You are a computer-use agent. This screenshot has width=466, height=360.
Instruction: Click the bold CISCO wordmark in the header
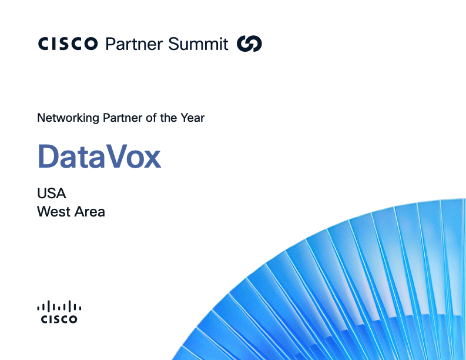pos(68,44)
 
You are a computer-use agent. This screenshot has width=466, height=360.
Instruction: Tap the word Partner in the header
pos(134,44)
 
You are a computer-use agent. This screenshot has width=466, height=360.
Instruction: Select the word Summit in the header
pos(198,44)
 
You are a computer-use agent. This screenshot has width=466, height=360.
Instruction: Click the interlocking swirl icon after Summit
pos(249,44)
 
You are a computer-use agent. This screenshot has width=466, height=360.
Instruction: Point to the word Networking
pos(68,118)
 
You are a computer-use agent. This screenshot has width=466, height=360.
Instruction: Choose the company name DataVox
pos(99,156)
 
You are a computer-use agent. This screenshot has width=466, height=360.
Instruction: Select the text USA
pos(51,194)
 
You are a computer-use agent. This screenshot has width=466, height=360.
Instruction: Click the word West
pos(53,212)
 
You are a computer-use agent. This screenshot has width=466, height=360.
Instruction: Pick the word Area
pos(89,212)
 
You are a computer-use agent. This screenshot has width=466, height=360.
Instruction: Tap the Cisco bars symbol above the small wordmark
pos(59,306)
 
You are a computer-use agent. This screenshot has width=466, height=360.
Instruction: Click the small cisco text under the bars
pos(59,319)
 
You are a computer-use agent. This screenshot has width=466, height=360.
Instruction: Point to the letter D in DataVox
pos(49,156)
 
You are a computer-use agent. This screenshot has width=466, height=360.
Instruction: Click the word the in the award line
pos(169,118)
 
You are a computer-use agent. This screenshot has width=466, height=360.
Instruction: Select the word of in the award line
pos(151,118)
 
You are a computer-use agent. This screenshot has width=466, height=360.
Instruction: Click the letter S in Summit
pos(174,44)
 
